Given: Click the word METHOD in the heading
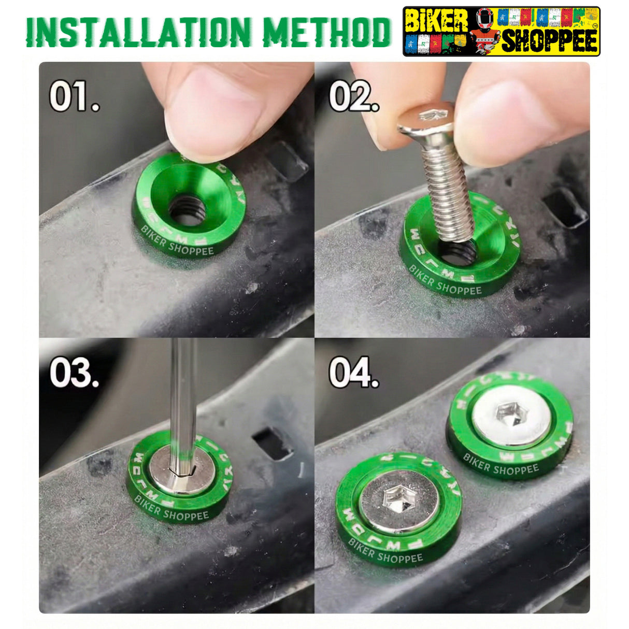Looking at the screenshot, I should click(326, 32).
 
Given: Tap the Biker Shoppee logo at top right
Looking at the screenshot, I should click(501, 32).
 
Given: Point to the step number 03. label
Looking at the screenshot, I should click(74, 373).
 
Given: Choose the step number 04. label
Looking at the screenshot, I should click(354, 373).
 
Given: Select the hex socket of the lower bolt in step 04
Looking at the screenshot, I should click(397, 500).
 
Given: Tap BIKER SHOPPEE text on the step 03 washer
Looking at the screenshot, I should click(171, 510).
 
